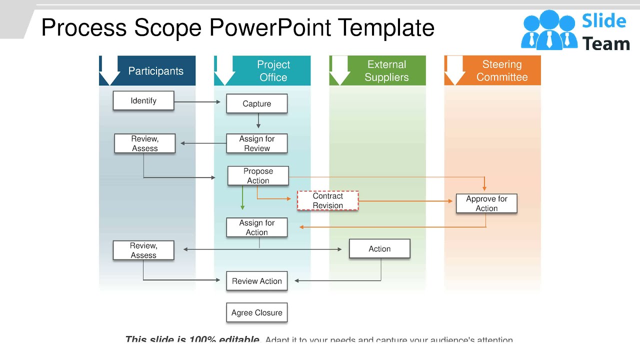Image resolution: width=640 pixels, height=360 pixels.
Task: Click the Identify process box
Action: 143,100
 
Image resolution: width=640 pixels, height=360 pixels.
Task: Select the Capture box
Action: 256,103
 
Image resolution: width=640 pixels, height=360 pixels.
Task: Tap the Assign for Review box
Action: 256,143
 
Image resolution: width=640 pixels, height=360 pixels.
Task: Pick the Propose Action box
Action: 258,176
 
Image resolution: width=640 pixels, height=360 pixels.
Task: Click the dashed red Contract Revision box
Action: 327,200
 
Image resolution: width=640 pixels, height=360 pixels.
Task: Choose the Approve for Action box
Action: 486,203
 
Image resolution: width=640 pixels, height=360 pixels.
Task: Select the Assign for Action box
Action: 256,227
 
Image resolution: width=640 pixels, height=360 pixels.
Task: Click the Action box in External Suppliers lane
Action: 379,248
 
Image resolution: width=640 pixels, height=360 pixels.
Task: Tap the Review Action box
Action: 256,281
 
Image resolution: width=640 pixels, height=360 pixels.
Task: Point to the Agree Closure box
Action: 256,312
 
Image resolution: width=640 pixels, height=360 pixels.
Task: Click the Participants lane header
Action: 155,71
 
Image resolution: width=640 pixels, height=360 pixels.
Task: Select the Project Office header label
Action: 273,71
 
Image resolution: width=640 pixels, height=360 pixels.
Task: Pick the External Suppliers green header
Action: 386,71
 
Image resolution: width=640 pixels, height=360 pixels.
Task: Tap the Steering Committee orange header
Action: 501,70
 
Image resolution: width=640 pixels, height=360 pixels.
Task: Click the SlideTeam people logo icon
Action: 548,30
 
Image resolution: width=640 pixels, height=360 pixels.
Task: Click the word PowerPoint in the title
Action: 270,27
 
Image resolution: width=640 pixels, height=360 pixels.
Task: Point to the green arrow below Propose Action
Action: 242,198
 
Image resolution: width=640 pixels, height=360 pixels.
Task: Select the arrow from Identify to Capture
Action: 197,102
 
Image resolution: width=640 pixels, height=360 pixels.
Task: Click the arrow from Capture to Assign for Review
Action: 258,121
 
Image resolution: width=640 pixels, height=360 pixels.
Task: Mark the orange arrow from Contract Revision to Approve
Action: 405,201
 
